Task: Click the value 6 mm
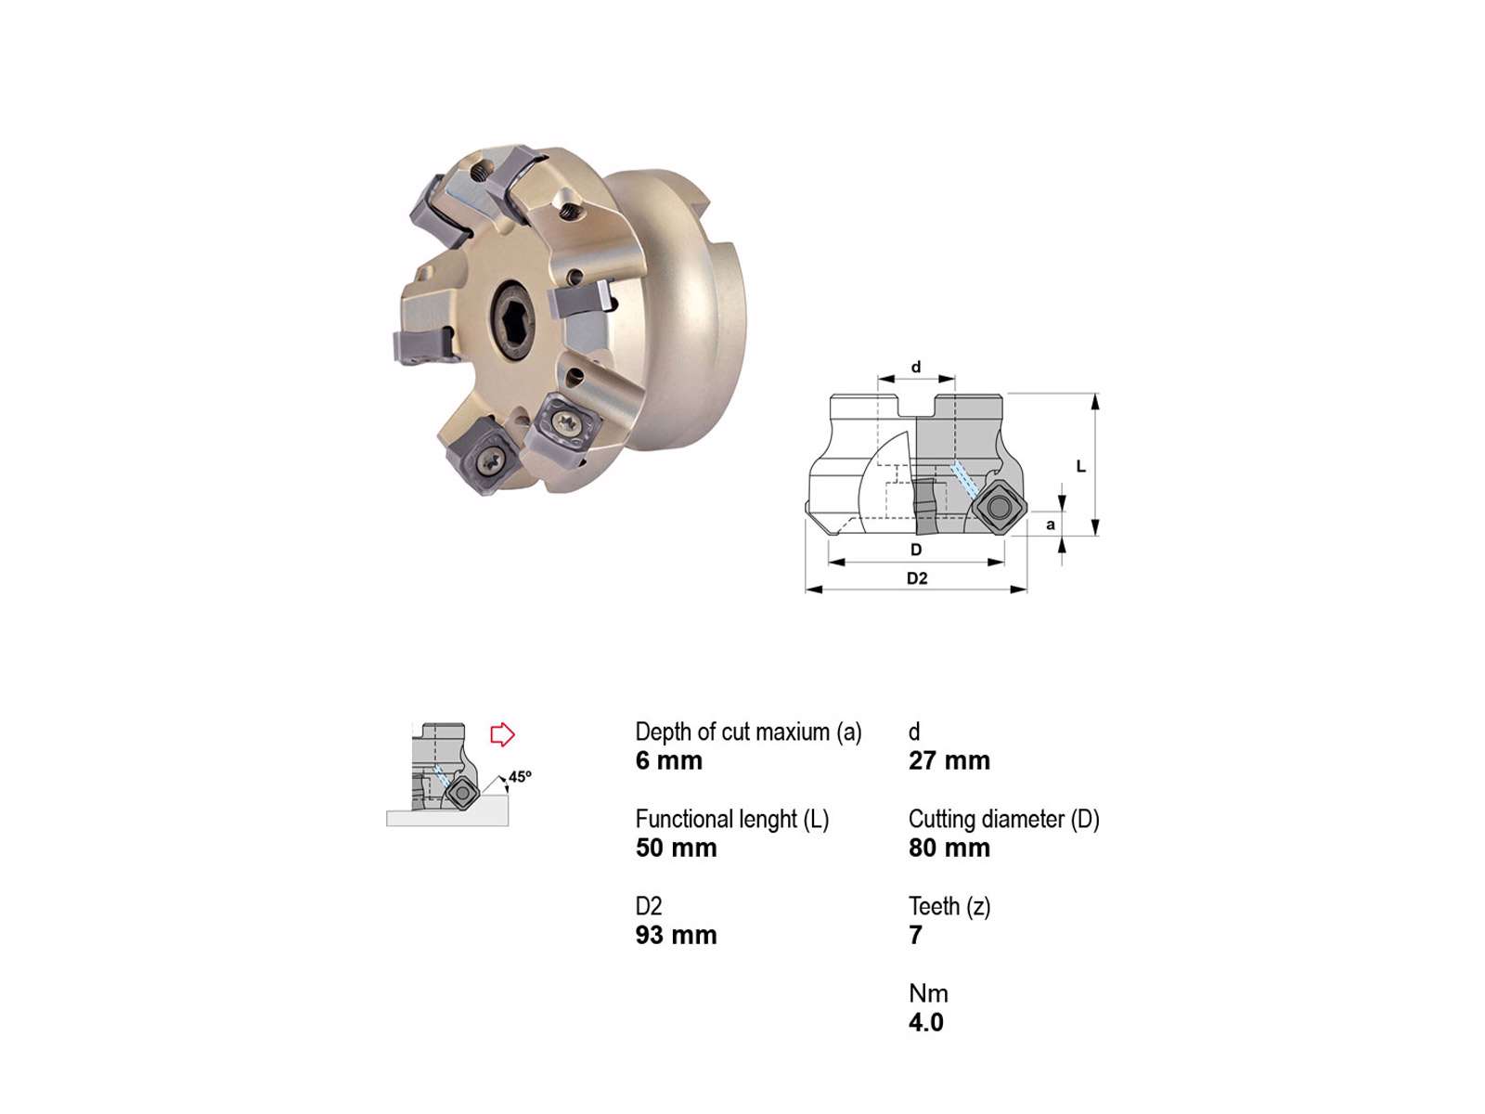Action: coord(667,760)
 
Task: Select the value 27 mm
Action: coord(949,760)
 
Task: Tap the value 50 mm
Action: coord(675,848)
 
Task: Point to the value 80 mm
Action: coord(949,848)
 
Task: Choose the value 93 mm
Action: coord(675,935)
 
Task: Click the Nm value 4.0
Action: coord(925,1022)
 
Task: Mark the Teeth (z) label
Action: coord(949,906)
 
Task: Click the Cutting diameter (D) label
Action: coord(1003,819)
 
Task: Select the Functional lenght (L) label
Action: coord(731,819)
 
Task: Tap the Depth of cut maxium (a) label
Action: coord(747,732)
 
